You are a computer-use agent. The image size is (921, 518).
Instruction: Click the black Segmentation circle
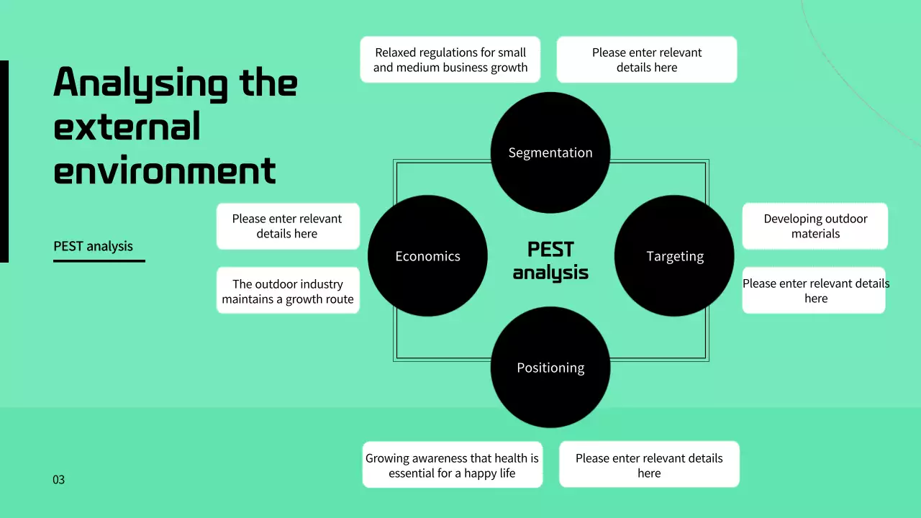click(550, 153)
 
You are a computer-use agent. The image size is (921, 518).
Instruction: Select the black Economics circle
click(427, 256)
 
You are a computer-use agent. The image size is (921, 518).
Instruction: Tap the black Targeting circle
click(674, 256)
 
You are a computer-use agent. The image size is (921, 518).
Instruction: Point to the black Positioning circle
click(550, 368)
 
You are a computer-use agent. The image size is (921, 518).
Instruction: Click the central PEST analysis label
click(550, 260)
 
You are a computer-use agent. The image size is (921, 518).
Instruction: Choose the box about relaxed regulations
click(450, 60)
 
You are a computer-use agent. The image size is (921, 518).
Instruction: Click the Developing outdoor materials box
click(815, 226)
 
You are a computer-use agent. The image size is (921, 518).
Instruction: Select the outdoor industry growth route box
click(288, 291)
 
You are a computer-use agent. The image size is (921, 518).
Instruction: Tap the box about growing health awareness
click(452, 465)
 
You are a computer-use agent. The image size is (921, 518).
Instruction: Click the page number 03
click(59, 479)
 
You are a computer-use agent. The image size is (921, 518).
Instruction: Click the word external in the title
click(127, 127)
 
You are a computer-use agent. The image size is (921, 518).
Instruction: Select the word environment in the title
click(165, 171)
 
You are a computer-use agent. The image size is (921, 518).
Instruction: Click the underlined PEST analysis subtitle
click(93, 246)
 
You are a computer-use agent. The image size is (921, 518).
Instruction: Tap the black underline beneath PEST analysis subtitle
click(99, 260)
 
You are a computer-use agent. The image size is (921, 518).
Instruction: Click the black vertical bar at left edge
click(4, 161)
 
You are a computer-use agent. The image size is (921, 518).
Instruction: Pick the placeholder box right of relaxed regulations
click(646, 60)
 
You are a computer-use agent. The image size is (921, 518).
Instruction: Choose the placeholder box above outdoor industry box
click(288, 226)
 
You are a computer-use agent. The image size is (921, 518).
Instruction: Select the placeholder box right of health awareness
click(649, 465)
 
